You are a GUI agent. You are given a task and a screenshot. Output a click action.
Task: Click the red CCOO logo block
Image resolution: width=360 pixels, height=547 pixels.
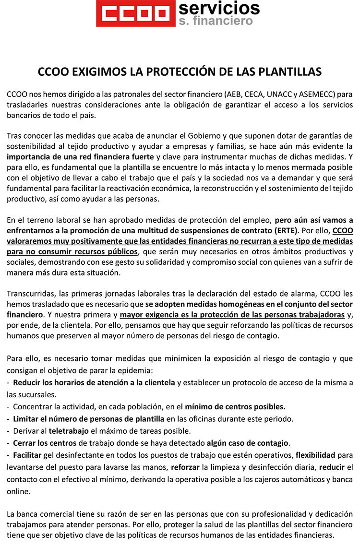(x=135, y=13)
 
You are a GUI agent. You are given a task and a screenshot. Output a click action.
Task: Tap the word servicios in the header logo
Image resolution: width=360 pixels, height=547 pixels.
(x=218, y=8)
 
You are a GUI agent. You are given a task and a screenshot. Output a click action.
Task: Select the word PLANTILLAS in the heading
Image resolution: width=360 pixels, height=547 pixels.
(x=290, y=72)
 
